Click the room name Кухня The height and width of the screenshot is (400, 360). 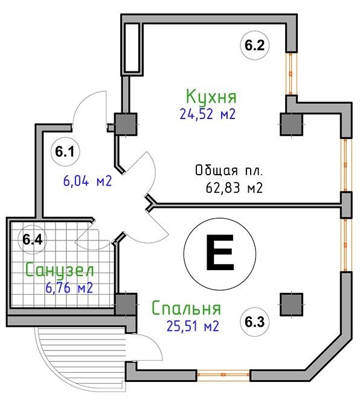tap(211, 97)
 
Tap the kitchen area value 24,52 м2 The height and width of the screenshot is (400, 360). tap(207, 114)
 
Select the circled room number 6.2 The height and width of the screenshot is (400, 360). tap(255, 45)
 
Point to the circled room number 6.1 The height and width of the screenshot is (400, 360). tap(65, 152)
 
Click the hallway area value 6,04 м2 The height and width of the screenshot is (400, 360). tap(88, 181)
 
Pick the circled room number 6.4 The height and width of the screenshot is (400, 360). tap(33, 239)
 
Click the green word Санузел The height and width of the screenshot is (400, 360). tap(60, 271)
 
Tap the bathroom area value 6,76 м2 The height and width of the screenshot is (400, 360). tap(69, 288)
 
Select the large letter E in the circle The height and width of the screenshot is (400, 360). tap(220, 253)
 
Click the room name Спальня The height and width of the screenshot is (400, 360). tap(186, 308)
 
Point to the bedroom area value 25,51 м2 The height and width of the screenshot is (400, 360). tap(193, 326)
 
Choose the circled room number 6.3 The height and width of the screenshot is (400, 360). tap(255, 322)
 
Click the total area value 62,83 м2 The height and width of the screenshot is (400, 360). tap(234, 189)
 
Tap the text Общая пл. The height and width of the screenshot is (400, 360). tap(229, 170)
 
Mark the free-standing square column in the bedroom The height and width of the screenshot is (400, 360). tap(291, 305)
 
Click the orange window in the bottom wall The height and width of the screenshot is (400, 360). tap(223, 375)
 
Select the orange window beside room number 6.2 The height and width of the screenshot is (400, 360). tap(291, 74)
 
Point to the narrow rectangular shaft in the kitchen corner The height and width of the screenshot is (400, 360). tap(132, 48)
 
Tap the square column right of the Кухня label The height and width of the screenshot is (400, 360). tap(291, 124)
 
